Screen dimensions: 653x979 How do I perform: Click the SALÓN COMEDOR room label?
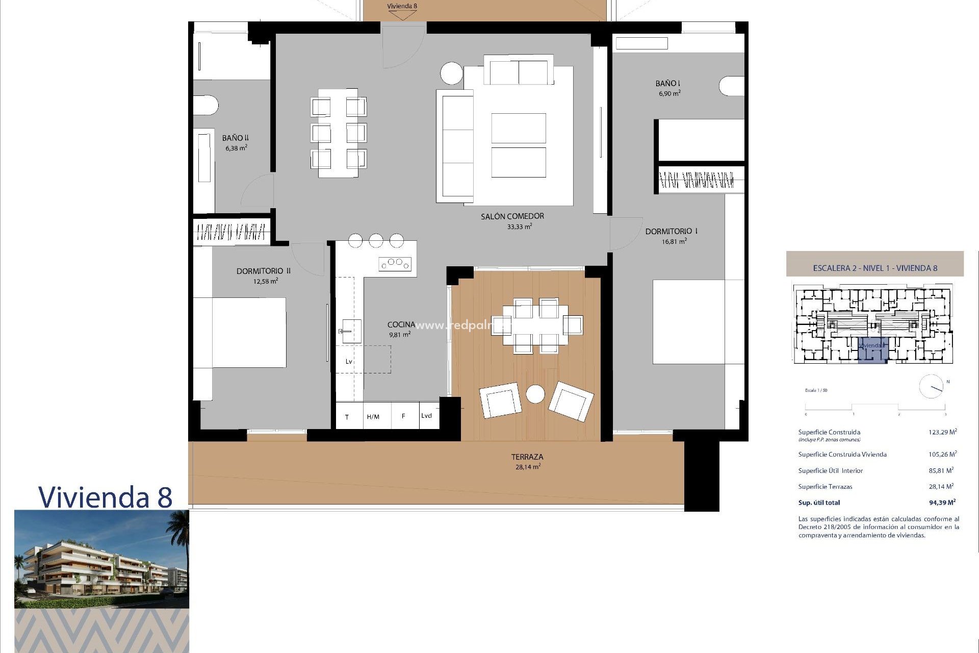(x=512, y=216)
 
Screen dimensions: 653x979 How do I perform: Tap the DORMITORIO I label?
(x=671, y=231)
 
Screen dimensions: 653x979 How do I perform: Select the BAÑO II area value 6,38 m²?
(x=236, y=148)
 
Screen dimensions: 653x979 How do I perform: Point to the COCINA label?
(x=401, y=324)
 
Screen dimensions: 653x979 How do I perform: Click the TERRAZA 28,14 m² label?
(x=527, y=462)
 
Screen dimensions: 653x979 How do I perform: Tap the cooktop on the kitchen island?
(x=395, y=264)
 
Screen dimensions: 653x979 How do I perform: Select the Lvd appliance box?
(x=427, y=416)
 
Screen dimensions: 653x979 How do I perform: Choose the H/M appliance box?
(x=373, y=416)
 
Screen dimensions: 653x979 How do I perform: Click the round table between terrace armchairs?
(x=535, y=394)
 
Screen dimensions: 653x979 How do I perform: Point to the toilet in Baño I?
(x=732, y=86)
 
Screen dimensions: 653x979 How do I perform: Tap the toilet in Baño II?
(x=205, y=106)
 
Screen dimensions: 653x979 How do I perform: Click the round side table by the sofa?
(x=451, y=73)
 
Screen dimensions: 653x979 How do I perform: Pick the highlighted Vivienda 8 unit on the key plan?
(x=872, y=350)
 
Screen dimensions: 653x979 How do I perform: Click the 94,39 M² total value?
(x=942, y=503)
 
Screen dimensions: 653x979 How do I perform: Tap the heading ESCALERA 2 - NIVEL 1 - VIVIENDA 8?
(x=874, y=268)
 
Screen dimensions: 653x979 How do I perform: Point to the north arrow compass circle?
(x=931, y=387)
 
